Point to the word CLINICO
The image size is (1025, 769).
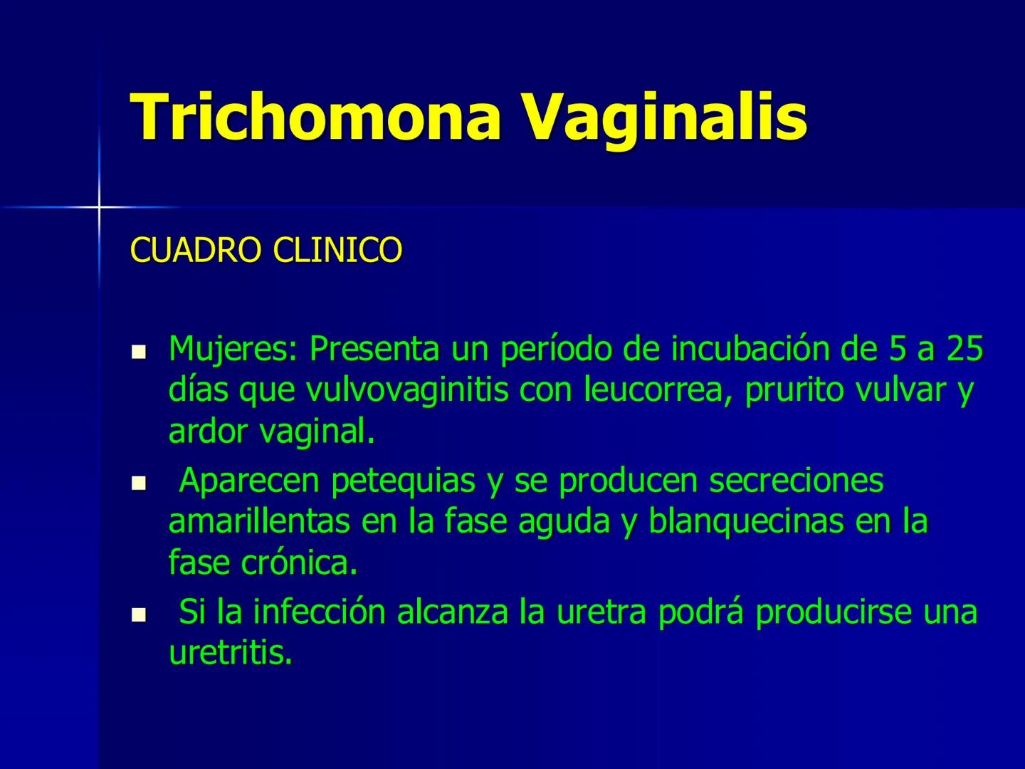coord(337,250)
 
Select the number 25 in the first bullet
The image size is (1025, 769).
coord(965,349)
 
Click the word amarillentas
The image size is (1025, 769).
coord(259,522)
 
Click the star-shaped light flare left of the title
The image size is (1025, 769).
coord(99,206)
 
